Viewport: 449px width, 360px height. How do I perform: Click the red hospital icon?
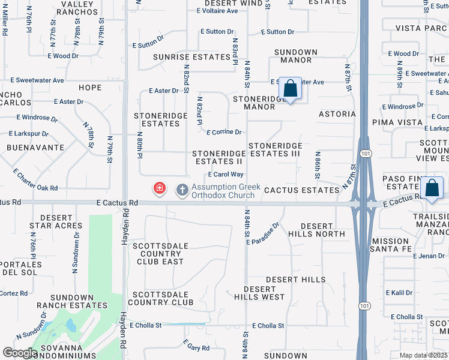tap(160, 189)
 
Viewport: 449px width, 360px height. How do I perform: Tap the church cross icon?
tap(182, 190)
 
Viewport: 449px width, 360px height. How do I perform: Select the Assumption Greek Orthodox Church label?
tap(226, 191)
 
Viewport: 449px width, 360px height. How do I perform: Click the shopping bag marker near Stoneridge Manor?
tap(291, 89)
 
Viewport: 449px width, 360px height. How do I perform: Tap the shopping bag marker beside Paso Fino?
tap(432, 188)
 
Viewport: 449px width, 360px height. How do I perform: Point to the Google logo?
tap(20, 353)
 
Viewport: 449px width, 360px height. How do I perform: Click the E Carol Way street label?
tap(225, 175)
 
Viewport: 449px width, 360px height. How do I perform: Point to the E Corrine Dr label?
tap(223, 132)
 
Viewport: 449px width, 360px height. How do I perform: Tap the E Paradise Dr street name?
tap(262, 234)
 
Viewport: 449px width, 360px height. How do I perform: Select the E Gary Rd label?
tap(196, 347)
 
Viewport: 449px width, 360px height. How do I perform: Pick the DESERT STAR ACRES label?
tap(56, 221)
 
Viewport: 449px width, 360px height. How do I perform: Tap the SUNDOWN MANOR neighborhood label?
tap(296, 56)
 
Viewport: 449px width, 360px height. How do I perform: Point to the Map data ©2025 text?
tap(424, 355)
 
